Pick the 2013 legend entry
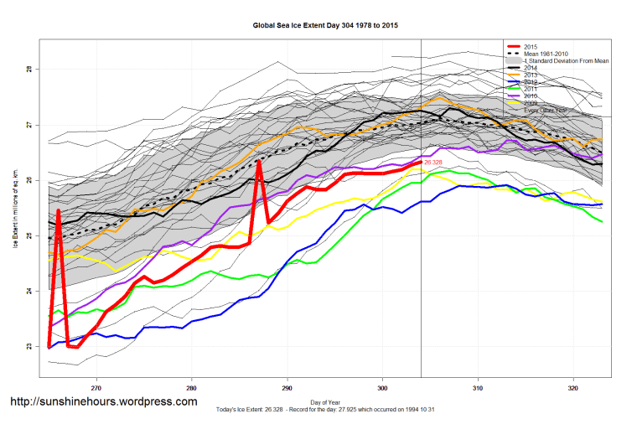click(x=530, y=75)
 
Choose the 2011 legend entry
click(x=530, y=89)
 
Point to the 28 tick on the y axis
click(x=31, y=69)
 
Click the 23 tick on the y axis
click(x=31, y=346)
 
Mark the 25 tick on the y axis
click(x=31, y=235)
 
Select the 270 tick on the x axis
click(x=97, y=390)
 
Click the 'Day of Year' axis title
click(x=326, y=401)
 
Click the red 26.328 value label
click(x=433, y=162)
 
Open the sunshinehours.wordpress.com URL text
click(x=103, y=401)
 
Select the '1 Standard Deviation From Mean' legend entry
click(x=566, y=61)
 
